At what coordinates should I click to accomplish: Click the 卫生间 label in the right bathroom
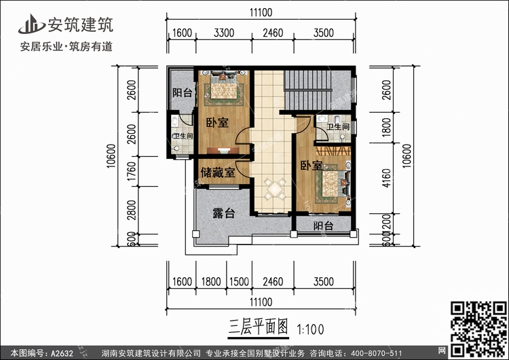click(337, 127)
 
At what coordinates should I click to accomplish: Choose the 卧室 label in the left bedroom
click(216, 122)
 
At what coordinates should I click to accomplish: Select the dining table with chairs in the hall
click(276, 187)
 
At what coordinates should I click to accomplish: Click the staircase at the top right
click(309, 88)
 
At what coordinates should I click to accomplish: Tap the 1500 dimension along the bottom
click(238, 278)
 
